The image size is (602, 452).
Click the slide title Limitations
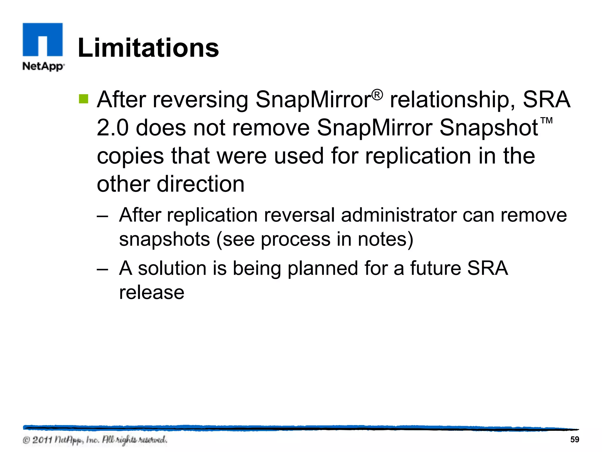(148, 48)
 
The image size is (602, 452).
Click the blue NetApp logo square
(43, 39)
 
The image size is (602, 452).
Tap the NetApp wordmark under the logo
(43, 66)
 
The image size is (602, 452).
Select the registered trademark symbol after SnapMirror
(377, 95)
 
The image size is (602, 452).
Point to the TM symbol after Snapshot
(547, 121)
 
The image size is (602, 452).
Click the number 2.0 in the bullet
(113, 128)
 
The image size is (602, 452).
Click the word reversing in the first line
(200, 100)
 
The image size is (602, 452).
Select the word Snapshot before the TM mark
(489, 128)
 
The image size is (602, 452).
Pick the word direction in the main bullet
(200, 184)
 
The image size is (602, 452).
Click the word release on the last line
(152, 293)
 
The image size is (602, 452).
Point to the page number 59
(574, 440)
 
